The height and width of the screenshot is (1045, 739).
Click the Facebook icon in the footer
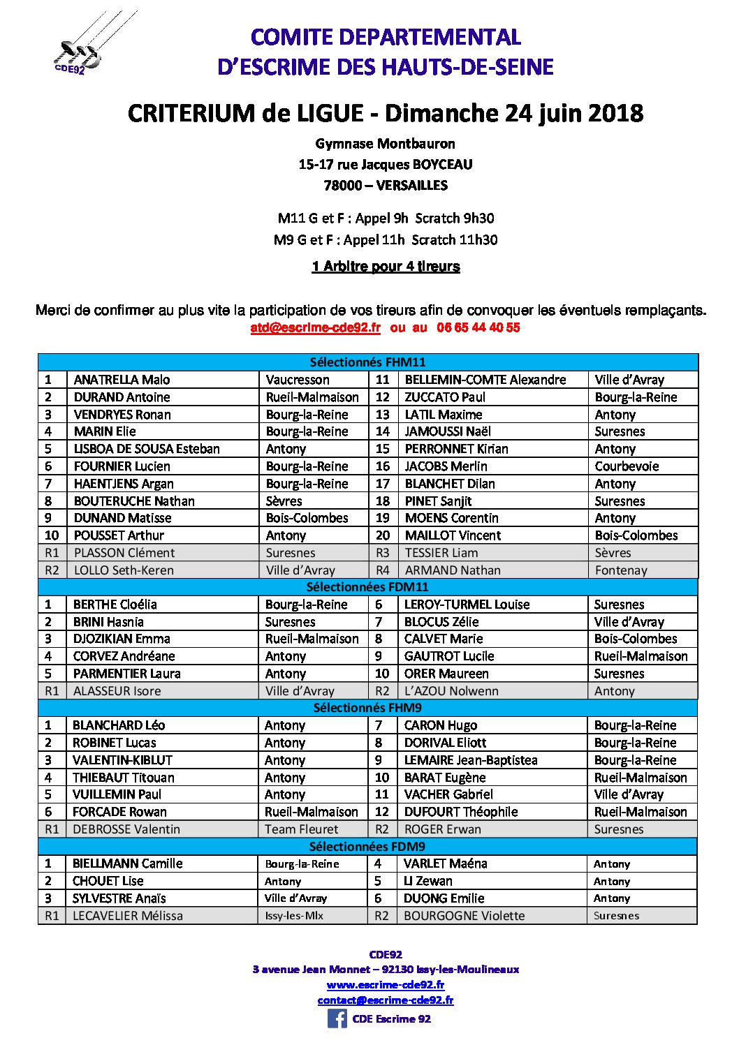(337, 1018)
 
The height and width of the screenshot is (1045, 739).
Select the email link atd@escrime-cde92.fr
(316, 327)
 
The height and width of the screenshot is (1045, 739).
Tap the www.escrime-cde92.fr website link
(386, 984)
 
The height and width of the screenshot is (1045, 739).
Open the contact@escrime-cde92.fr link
(386, 1000)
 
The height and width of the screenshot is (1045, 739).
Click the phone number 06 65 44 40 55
(478, 327)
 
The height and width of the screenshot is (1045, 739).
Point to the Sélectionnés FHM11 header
(367, 362)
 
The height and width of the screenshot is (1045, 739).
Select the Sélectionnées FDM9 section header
(367, 846)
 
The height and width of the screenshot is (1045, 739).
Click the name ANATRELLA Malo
(122, 380)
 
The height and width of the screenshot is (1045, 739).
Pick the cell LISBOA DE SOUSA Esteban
(147, 449)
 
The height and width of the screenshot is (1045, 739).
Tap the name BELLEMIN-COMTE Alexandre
(485, 380)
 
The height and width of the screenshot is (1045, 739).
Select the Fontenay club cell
(621, 570)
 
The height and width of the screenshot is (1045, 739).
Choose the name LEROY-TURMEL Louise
(467, 605)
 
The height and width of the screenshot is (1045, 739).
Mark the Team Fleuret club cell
(301, 829)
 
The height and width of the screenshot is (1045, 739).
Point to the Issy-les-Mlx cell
(294, 916)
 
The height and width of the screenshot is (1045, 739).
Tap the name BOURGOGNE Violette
(464, 916)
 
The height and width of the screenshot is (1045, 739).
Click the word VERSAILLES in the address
(412, 186)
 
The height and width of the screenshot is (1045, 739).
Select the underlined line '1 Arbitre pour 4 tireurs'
(386, 266)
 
